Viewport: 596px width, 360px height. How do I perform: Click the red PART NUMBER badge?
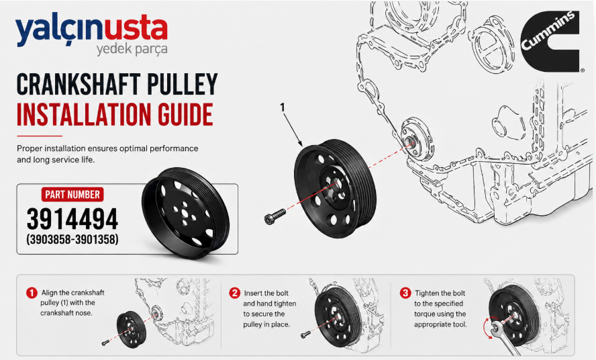point(72,195)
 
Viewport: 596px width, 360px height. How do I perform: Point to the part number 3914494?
point(72,219)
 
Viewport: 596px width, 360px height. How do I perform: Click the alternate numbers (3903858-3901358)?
point(72,239)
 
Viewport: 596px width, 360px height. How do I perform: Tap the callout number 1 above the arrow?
point(282,107)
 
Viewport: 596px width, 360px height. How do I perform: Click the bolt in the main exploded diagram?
point(275,216)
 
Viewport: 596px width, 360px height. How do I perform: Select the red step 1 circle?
point(32,293)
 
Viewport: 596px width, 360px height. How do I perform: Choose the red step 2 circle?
point(234,293)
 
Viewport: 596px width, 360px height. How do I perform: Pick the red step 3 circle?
point(405,293)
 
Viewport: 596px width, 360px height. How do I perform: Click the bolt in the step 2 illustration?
point(305,334)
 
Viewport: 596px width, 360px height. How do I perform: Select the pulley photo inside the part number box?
point(185,213)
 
